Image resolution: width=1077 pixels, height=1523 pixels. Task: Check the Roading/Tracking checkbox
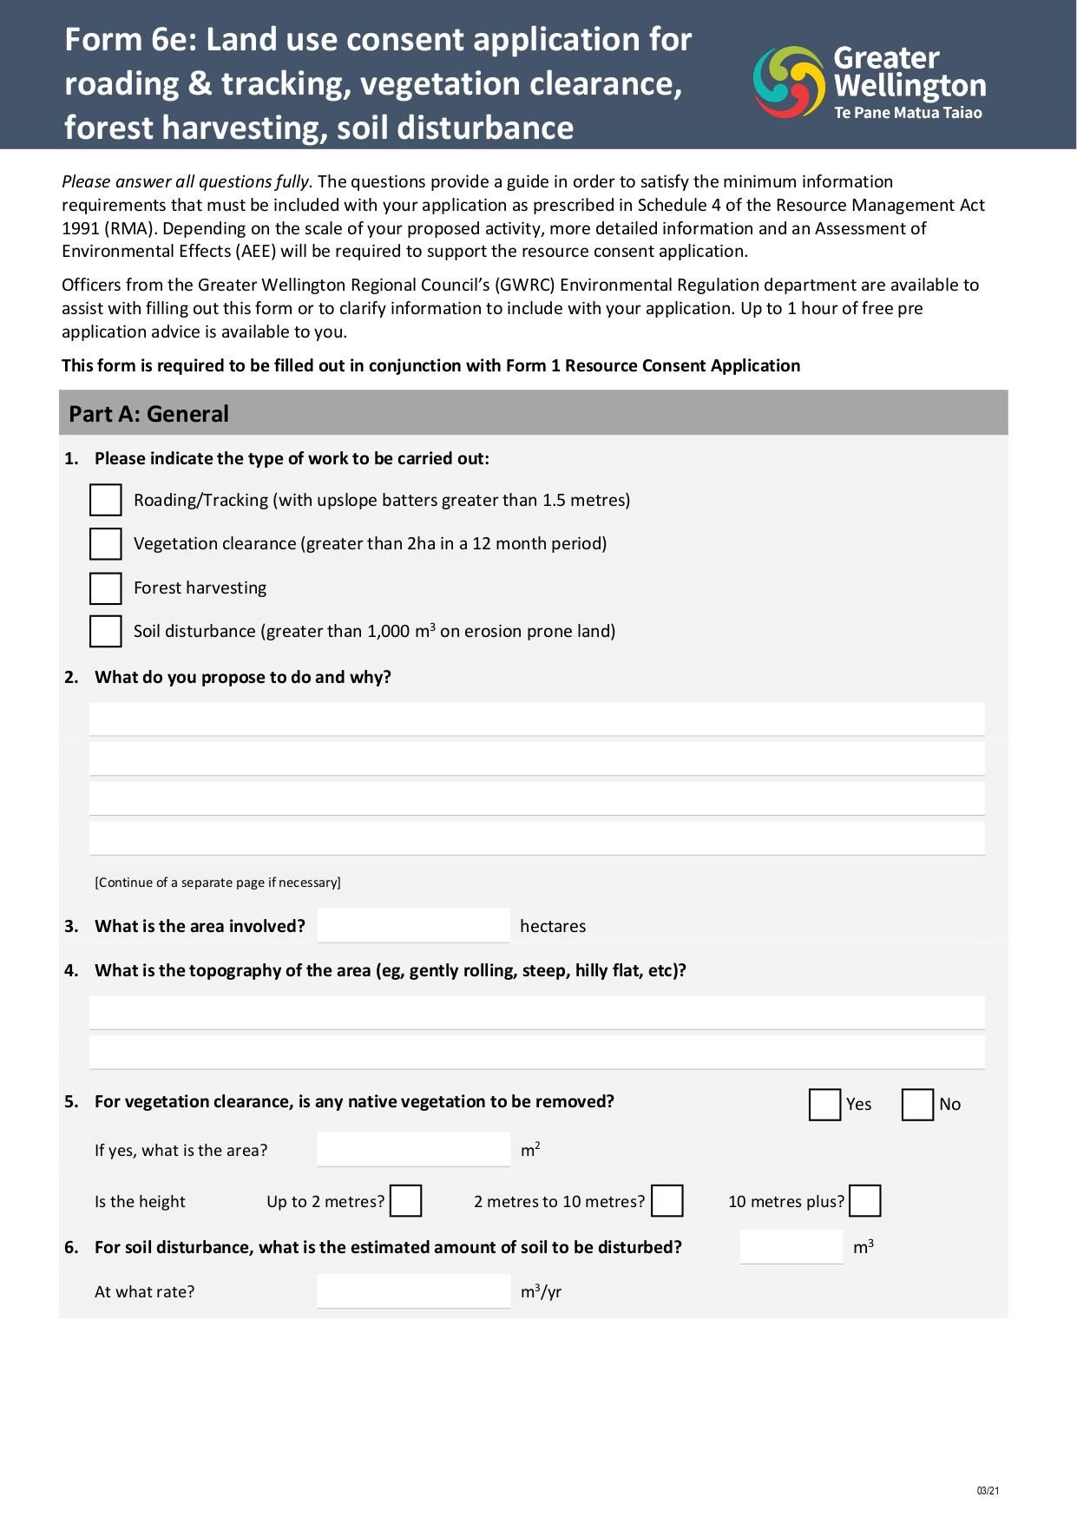[105, 500]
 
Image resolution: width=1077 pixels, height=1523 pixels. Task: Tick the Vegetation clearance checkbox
[105, 544]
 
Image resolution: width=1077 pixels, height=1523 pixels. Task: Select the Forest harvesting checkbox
[105, 588]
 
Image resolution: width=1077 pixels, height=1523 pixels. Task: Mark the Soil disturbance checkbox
[105, 631]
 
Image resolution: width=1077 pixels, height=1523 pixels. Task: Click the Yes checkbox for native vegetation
[824, 1105]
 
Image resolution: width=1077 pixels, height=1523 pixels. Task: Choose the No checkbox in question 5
[916, 1105]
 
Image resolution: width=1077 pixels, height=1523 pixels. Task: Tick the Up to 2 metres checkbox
[405, 1201]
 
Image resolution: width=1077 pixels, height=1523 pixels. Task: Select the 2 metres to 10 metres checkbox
[667, 1201]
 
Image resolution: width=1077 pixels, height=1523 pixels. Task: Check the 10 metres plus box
[864, 1201]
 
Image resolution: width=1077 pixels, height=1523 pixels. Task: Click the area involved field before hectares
[413, 925]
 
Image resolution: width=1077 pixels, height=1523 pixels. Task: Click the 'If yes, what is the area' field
[413, 1149]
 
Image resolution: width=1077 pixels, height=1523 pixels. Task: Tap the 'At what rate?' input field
[413, 1290]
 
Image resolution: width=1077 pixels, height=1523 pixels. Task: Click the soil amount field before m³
[791, 1246]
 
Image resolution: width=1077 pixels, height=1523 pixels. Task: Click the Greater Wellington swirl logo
[788, 82]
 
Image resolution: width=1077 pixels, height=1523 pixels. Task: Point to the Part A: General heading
[149, 414]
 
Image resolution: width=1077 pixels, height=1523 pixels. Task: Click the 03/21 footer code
[988, 1491]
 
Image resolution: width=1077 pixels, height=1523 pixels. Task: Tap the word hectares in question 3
[553, 926]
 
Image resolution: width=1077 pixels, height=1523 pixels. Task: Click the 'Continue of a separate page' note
[218, 883]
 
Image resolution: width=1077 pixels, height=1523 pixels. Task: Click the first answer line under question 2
[536, 719]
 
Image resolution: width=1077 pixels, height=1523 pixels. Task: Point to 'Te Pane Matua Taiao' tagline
[908, 113]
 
